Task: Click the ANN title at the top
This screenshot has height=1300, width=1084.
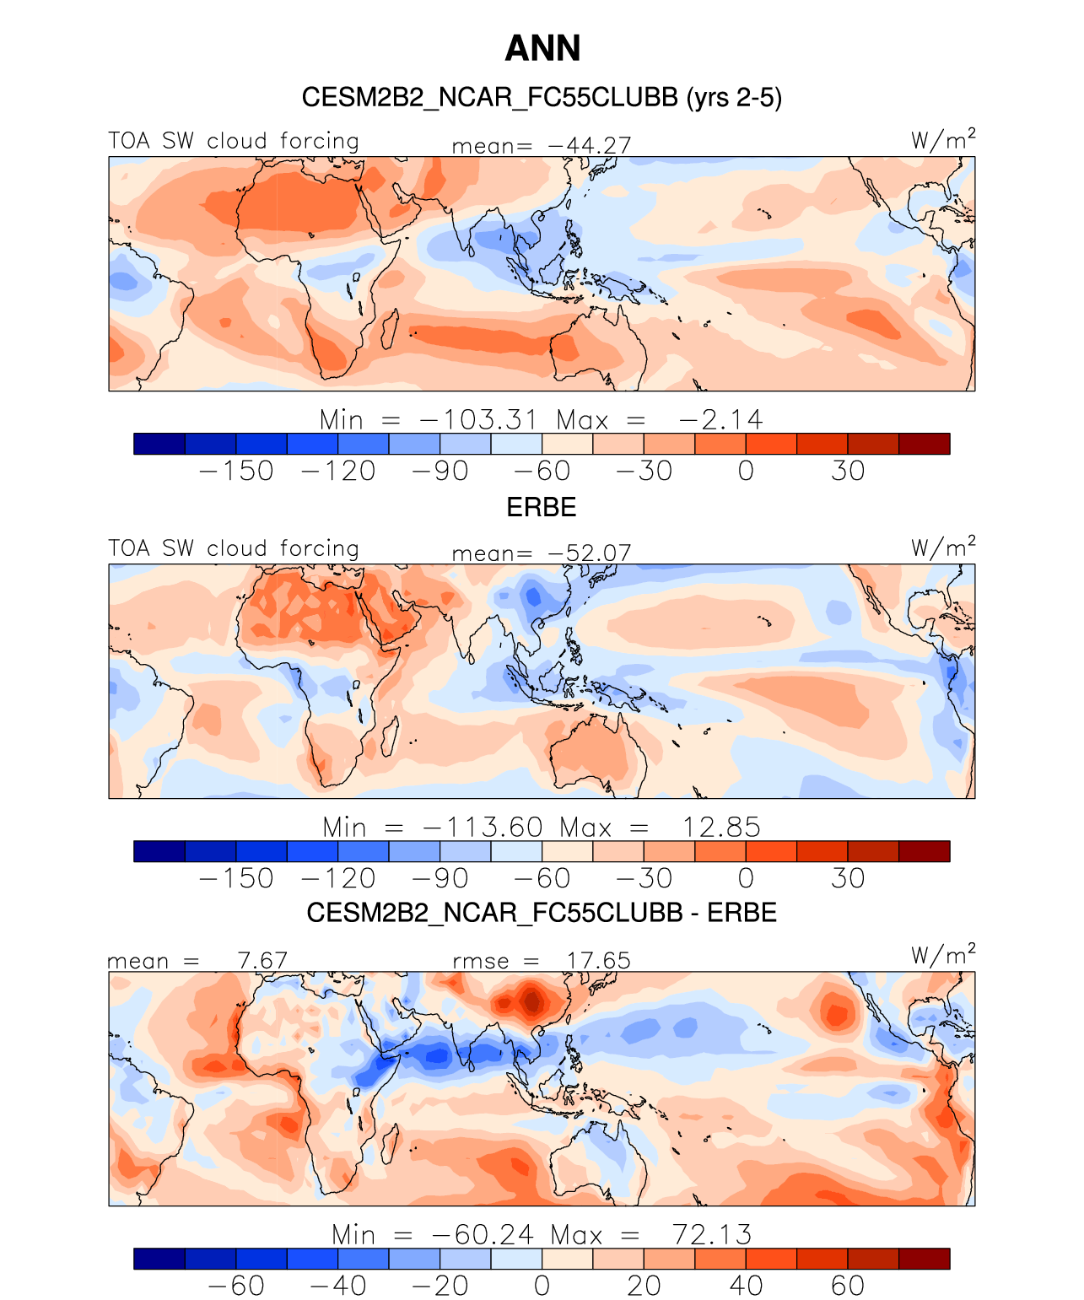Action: [542, 48]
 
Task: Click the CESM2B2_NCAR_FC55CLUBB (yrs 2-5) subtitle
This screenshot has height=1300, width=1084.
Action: [542, 98]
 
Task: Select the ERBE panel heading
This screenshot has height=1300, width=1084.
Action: [542, 507]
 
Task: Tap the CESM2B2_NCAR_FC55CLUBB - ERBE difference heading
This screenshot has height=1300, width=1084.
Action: [542, 913]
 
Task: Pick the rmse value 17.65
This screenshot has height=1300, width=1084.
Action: [598, 961]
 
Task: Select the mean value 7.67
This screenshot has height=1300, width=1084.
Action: [262, 961]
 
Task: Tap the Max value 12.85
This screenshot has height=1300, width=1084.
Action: [721, 828]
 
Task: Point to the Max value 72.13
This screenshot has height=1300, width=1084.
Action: [712, 1235]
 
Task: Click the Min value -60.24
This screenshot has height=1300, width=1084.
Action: [483, 1235]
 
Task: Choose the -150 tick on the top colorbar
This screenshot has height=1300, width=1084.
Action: [236, 471]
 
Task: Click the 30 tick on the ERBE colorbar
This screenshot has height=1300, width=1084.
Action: [848, 878]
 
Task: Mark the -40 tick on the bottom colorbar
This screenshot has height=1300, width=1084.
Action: [338, 1286]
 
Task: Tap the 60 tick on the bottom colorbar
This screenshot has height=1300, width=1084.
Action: [848, 1286]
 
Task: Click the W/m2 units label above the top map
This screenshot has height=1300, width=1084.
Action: [942, 139]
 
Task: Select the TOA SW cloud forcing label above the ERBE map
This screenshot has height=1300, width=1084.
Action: [234, 548]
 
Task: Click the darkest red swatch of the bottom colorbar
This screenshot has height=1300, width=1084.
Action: [925, 1259]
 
